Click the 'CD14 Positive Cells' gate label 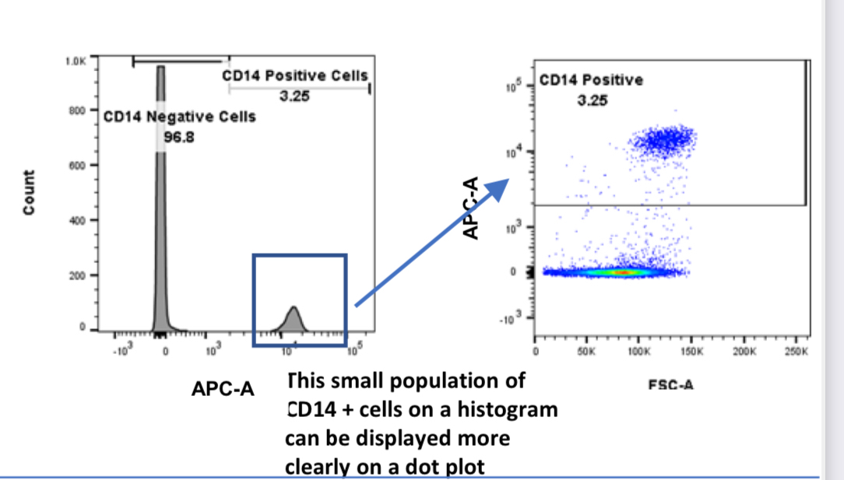coord(295,76)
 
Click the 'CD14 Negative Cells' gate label coord(180,117)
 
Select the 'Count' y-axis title coord(29,193)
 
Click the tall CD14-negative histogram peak coord(161,194)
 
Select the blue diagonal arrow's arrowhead coord(501,187)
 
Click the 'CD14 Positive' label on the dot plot coord(592,80)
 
